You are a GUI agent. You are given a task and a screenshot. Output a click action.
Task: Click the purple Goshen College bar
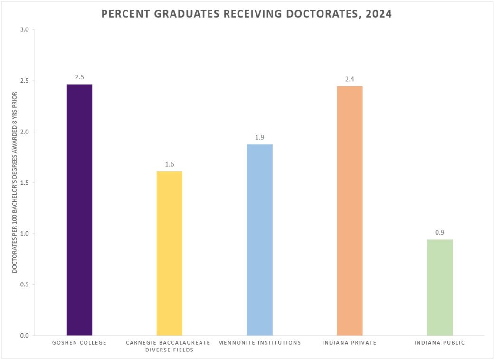79,209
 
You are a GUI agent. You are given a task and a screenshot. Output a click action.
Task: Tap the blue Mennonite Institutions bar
259,240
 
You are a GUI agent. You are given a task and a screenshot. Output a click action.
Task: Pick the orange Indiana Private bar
350,211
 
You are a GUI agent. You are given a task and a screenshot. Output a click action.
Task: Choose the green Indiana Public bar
439,287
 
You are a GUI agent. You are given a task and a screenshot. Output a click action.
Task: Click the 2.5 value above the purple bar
79,77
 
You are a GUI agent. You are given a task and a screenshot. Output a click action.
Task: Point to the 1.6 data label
170,164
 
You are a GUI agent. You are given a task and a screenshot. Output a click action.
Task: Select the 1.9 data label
259,137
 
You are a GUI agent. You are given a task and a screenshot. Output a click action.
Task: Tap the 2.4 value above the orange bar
350,79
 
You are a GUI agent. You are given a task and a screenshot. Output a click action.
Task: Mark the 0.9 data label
439,232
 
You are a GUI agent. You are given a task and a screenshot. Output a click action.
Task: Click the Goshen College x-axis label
79,343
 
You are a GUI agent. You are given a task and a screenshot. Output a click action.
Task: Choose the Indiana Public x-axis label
439,343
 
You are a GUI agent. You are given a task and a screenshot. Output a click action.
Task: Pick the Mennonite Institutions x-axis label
259,343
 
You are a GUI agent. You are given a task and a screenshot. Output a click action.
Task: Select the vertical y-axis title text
14,183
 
